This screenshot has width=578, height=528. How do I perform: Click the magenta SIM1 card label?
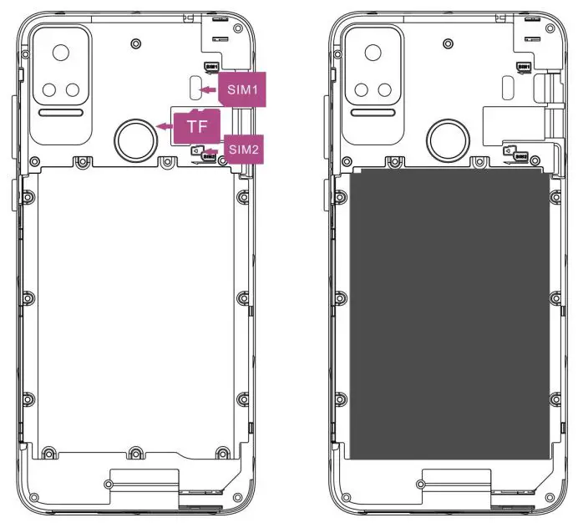(243, 88)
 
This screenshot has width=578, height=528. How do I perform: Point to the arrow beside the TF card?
(165, 126)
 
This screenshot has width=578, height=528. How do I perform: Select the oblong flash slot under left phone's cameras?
(61, 113)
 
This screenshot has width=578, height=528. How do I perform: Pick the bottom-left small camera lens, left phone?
(49, 90)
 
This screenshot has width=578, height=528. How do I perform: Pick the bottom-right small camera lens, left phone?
(73, 90)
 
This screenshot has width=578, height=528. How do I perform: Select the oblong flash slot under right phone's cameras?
(374, 113)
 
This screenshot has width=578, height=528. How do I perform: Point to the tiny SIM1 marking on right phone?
(524, 66)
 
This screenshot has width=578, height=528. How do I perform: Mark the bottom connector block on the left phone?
(144, 481)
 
